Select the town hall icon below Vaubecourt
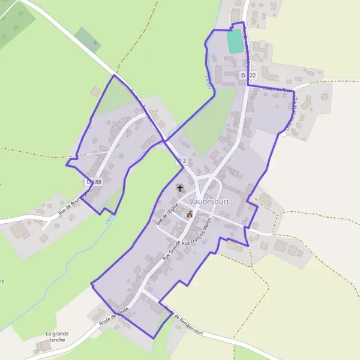(190, 214)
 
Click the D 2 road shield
(182, 161)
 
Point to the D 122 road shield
(248, 75)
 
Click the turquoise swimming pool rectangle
(235, 40)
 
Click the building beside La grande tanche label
(42, 347)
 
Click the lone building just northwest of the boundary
(95, 91)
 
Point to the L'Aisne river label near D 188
(109, 205)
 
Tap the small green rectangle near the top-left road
(88, 40)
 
